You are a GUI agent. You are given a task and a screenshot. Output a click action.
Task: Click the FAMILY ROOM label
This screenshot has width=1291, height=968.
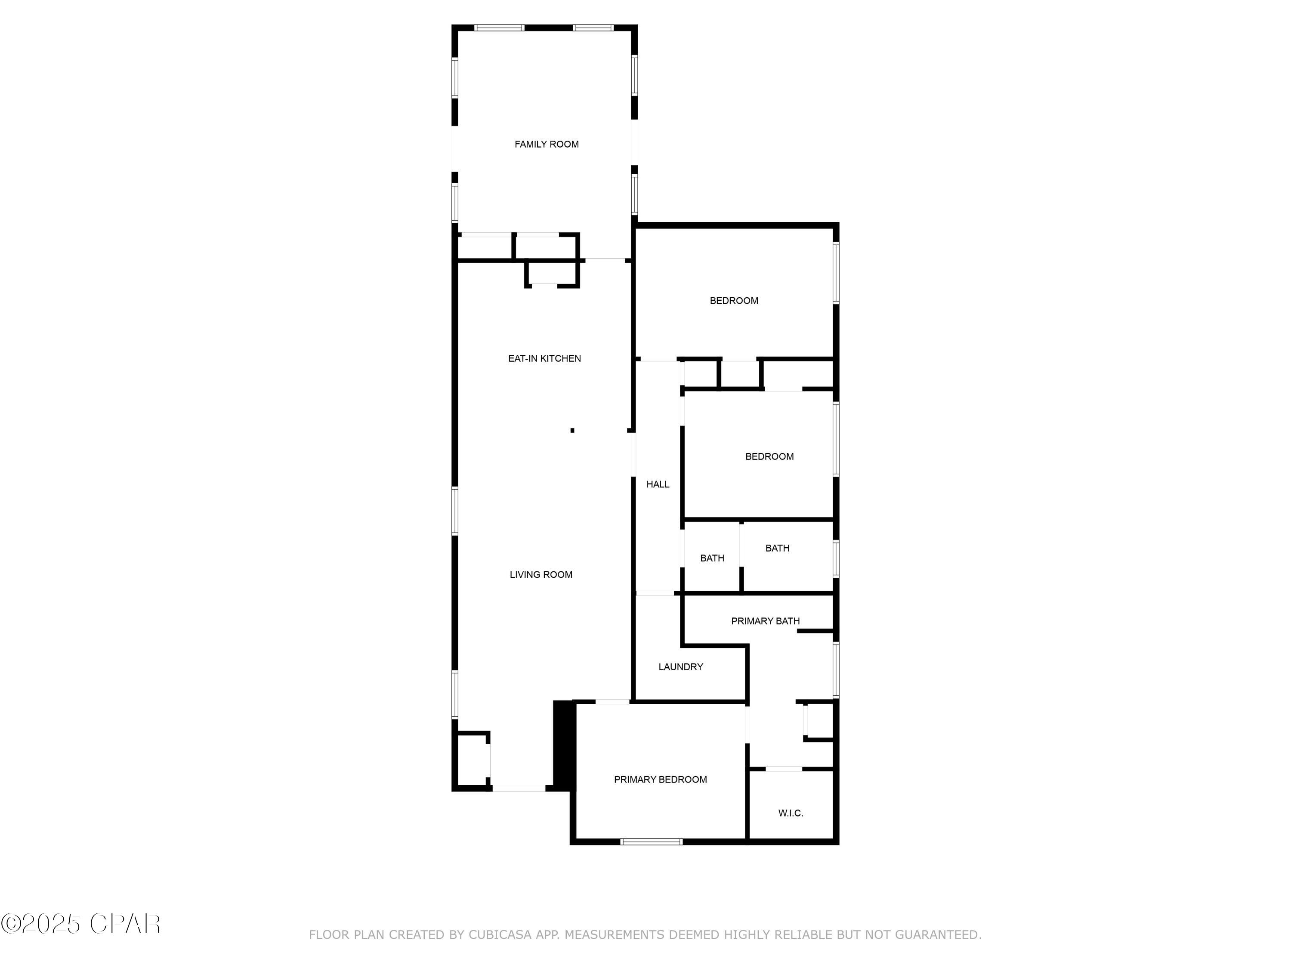pyautogui.click(x=546, y=144)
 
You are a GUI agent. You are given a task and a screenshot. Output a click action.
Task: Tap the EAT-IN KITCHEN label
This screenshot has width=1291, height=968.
pyautogui.click(x=544, y=358)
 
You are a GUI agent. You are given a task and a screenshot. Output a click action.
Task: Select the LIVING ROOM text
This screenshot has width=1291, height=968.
pyautogui.click(x=540, y=575)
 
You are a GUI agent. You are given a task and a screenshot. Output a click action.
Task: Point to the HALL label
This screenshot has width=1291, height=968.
pyautogui.click(x=658, y=484)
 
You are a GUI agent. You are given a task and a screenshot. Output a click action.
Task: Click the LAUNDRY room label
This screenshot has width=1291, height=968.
pyautogui.click(x=680, y=667)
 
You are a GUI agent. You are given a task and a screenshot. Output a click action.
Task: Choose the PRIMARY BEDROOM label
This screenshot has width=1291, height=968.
pyautogui.click(x=660, y=780)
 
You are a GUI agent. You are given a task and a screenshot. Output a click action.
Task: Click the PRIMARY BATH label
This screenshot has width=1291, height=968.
pyautogui.click(x=765, y=621)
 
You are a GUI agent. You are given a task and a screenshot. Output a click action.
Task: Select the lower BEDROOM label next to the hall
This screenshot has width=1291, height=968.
pyautogui.click(x=769, y=457)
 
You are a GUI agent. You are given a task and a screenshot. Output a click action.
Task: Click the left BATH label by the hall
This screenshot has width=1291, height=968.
pyautogui.click(x=712, y=558)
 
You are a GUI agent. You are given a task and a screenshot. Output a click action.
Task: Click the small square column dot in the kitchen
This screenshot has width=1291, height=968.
pyautogui.click(x=572, y=431)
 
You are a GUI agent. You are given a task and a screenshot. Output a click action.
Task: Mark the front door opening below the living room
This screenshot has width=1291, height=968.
pyautogui.click(x=519, y=788)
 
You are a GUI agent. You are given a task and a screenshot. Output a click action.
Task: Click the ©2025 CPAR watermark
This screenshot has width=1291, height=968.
pyautogui.click(x=80, y=924)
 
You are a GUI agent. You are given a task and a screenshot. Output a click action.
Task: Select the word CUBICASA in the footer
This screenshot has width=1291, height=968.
pyautogui.click(x=500, y=935)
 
